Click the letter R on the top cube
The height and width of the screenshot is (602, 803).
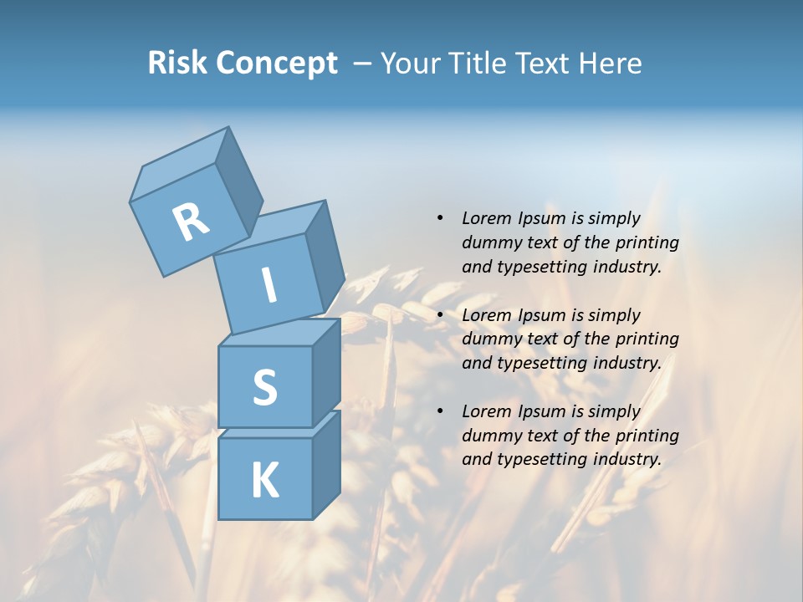[x=191, y=222]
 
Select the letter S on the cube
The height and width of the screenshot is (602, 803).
[x=264, y=387]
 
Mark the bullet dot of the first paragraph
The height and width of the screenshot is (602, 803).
[x=440, y=218]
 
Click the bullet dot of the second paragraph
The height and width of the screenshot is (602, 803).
[x=440, y=315]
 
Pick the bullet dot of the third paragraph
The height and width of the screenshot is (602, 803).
[x=440, y=411]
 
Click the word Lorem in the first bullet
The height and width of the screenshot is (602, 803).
[x=486, y=218]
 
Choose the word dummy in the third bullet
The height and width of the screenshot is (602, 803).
[x=489, y=436]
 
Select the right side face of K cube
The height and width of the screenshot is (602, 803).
[x=326, y=464]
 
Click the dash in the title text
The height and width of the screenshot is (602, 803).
[x=363, y=64]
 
